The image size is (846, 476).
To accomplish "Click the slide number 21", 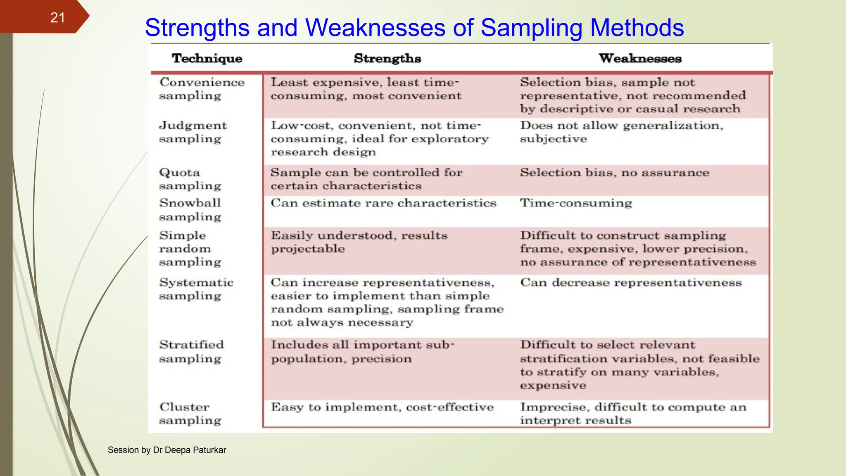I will click(57, 17).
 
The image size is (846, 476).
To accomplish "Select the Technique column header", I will click(207, 58).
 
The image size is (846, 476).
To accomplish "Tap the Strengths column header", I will click(387, 58).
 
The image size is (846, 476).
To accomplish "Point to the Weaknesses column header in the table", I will click(640, 58).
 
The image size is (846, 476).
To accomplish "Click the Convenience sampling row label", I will click(202, 89).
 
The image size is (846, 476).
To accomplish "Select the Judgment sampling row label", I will click(193, 132).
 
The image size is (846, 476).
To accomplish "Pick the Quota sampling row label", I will click(190, 179).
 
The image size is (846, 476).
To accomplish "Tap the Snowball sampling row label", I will click(190, 209).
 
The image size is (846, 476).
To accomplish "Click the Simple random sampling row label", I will click(190, 248).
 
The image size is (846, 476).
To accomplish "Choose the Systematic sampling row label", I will click(196, 289).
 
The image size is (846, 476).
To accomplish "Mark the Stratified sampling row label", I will click(191, 351).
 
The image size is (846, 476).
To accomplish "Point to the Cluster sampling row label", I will click(190, 413).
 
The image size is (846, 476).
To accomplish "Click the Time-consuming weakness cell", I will click(576, 203).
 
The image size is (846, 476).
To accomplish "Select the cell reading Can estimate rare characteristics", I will click(383, 203).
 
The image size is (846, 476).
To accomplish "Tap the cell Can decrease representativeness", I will click(631, 283).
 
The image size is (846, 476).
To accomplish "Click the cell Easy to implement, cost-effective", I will click(382, 407).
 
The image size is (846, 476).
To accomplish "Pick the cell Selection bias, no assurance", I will click(614, 172).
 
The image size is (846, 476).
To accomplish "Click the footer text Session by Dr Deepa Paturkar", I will click(167, 450).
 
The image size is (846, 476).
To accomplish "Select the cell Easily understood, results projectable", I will click(359, 242).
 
